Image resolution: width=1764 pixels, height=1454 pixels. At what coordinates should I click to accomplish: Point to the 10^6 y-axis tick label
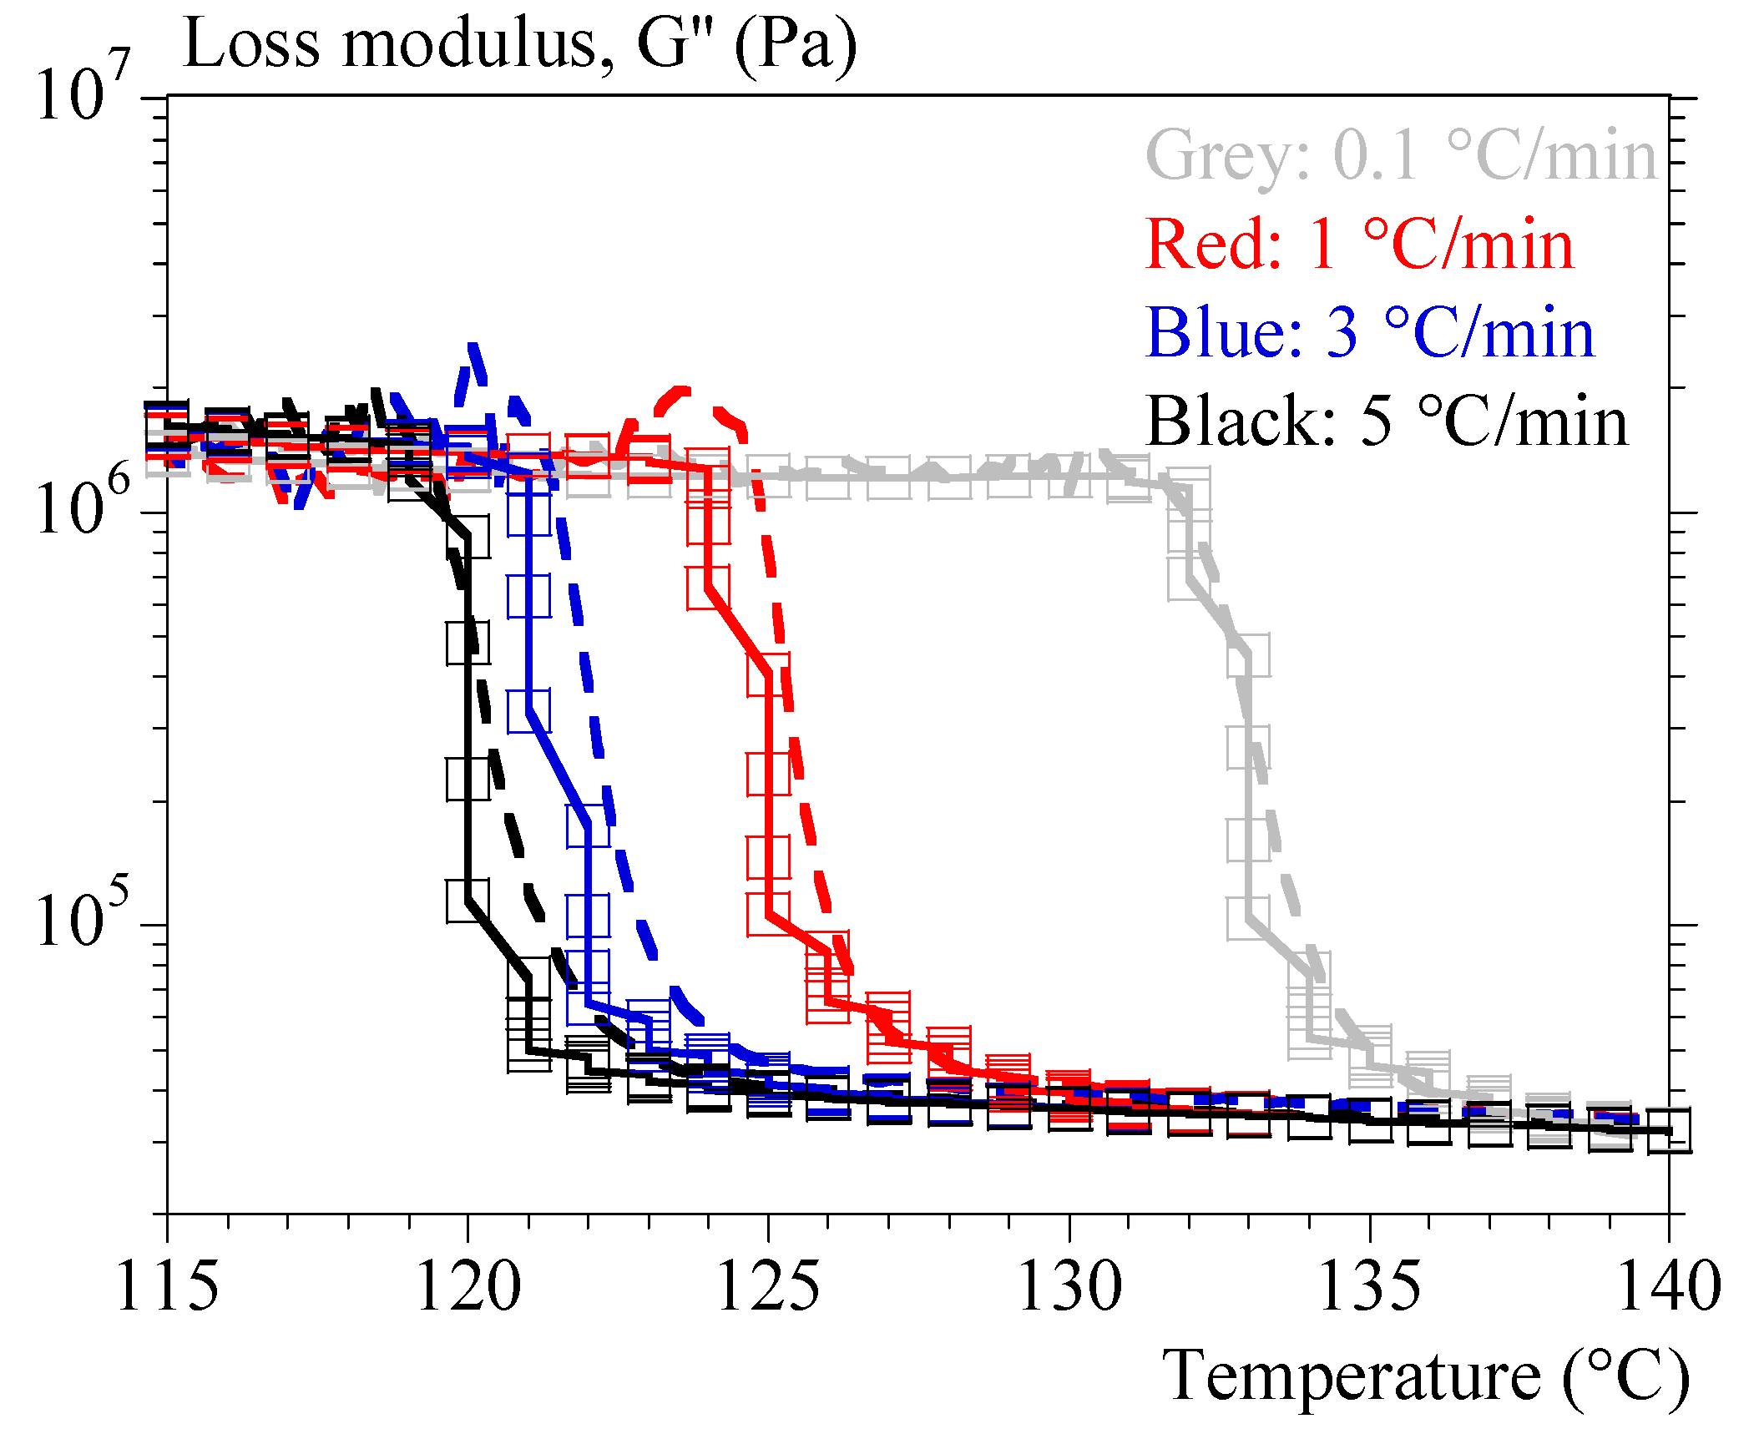click(x=82, y=504)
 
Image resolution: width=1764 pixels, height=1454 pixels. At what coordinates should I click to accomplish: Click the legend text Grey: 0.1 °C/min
click(x=1401, y=156)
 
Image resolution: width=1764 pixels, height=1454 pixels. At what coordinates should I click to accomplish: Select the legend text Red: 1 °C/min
click(x=1358, y=245)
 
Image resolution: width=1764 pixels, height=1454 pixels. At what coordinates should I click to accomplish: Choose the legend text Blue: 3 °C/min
click(x=1369, y=333)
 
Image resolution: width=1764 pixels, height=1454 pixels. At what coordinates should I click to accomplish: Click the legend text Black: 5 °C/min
click(x=1387, y=422)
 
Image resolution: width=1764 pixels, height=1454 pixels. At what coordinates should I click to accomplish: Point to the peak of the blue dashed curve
click(x=473, y=345)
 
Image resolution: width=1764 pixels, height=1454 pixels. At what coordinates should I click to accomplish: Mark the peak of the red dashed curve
click(x=683, y=390)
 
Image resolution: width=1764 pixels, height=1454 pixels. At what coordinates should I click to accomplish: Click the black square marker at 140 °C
click(x=1669, y=1131)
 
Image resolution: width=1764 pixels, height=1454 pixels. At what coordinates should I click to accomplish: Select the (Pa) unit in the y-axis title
click(x=796, y=45)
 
